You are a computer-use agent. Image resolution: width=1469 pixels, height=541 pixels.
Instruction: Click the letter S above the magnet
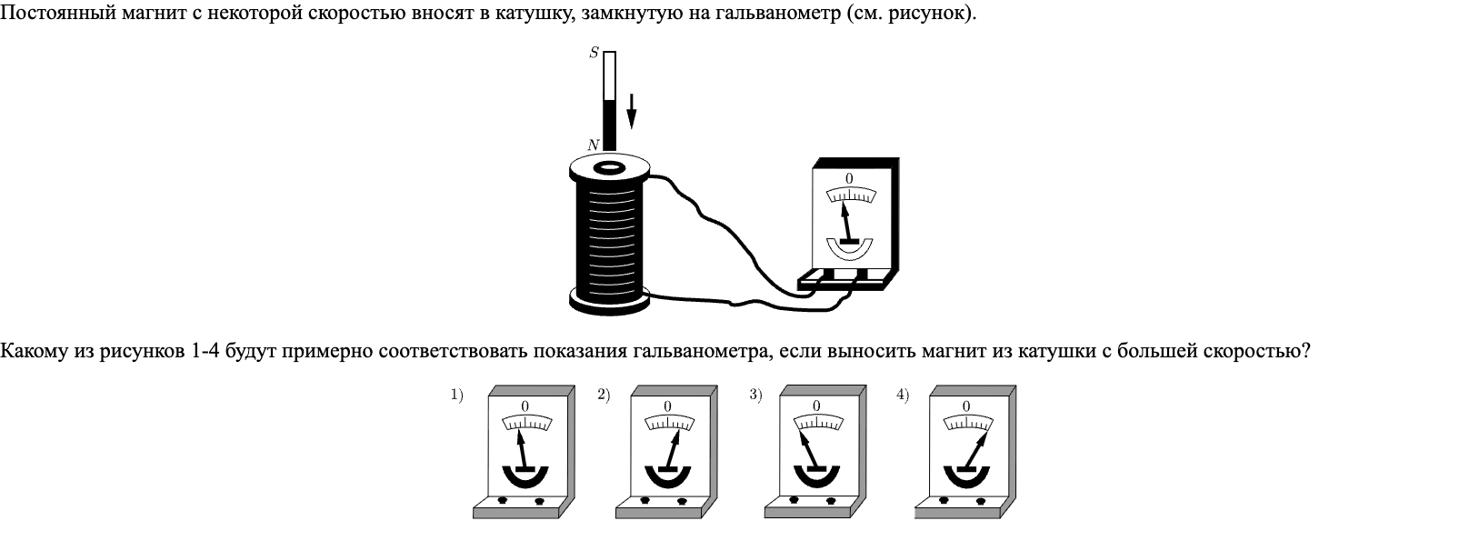(x=594, y=53)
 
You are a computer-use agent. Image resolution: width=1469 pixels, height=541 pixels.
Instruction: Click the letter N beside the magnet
(x=594, y=145)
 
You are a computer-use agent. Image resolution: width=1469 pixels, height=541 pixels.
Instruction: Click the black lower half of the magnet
(x=609, y=125)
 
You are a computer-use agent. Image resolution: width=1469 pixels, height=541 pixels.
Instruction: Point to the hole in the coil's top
(x=608, y=167)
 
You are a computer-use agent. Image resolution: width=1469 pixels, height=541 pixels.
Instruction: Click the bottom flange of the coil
(x=610, y=298)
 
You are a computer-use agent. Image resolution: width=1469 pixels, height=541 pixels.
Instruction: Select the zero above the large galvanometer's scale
(x=849, y=178)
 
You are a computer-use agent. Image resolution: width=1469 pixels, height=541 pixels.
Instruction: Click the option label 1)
(x=456, y=395)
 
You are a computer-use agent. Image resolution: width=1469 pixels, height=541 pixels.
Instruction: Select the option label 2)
(x=604, y=395)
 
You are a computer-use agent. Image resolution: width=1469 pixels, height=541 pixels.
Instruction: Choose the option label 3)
(x=754, y=395)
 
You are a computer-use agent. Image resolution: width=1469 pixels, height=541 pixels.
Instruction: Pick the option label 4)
(x=902, y=395)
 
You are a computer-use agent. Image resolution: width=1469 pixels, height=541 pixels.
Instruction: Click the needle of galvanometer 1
(x=523, y=450)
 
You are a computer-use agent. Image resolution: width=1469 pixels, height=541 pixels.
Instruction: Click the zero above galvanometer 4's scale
(x=965, y=406)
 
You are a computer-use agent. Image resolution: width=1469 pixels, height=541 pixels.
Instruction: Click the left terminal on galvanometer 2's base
(x=645, y=500)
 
